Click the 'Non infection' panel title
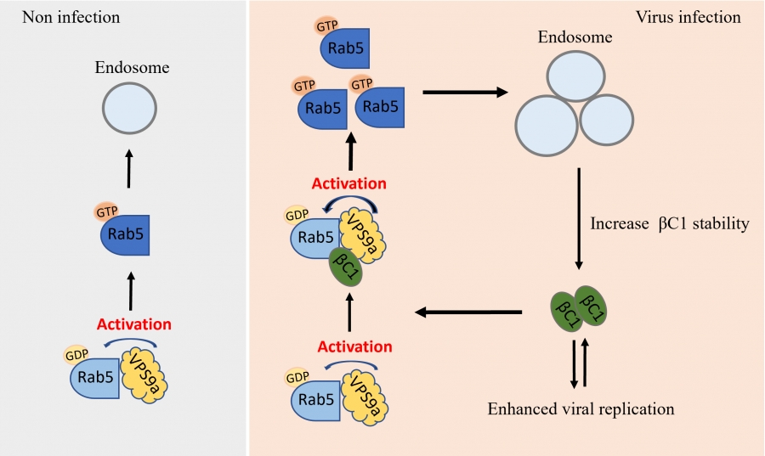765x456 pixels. point(71,18)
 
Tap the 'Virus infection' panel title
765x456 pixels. point(688,18)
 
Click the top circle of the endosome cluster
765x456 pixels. point(576,76)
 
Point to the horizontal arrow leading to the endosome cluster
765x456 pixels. point(466,92)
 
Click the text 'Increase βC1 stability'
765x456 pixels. point(670,223)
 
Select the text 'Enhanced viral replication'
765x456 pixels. point(581,408)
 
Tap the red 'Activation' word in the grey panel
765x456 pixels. point(134,324)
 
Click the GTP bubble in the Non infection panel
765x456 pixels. point(107,211)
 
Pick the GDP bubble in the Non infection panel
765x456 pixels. point(76,355)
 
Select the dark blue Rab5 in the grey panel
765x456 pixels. point(125,235)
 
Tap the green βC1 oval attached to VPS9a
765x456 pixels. point(346,267)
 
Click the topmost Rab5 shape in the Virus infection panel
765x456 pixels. point(345,48)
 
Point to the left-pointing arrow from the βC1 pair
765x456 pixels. point(468,312)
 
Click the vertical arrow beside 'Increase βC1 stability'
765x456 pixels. point(579,219)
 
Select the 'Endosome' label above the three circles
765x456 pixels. point(575,37)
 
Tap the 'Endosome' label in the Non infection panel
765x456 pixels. point(133,67)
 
